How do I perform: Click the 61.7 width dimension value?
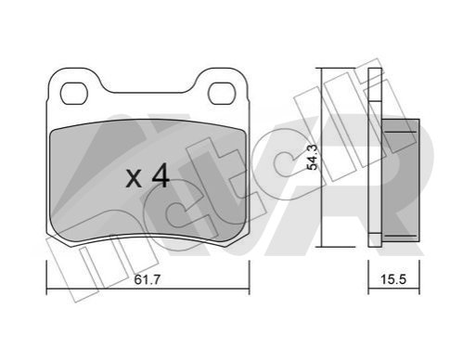tap(148, 279)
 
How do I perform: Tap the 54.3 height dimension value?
tap(313, 158)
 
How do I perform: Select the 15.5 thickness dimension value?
tap(393, 279)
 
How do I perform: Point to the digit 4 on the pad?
tap(161, 175)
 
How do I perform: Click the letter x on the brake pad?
tap(134, 179)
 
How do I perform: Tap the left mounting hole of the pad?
tap(74, 94)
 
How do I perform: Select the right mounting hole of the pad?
tap(222, 94)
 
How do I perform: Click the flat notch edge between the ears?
tap(148, 92)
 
